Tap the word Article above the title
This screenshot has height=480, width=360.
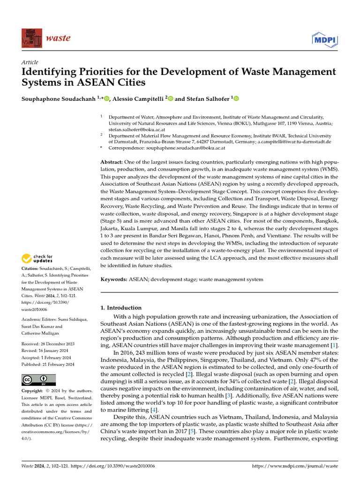point(30,62)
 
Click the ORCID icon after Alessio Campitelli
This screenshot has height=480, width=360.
point(170,99)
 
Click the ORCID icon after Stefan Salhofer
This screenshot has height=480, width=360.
point(236,99)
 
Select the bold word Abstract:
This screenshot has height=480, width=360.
point(113,161)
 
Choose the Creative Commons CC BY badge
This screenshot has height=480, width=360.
point(39,380)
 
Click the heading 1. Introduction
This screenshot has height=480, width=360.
point(121,308)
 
